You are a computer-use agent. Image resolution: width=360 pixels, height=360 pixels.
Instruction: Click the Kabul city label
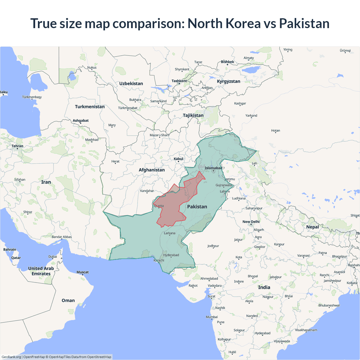tap(178, 159)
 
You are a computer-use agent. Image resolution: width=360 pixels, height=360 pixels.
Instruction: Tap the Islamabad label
tap(213, 168)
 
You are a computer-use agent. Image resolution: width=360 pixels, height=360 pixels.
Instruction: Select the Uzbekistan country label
tap(131, 84)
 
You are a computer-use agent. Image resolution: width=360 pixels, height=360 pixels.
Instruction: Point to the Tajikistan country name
tap(193, 115)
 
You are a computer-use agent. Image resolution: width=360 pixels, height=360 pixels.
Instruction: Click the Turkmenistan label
tap(90, 107)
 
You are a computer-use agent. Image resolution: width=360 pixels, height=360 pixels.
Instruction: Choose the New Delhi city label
tap(251, 222)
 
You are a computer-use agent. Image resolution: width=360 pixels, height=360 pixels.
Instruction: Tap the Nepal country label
tap(312, 227)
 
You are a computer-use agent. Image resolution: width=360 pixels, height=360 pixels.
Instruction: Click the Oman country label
tap(68, 300)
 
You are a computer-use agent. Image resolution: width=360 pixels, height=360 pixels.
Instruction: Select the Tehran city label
tap(17, 146)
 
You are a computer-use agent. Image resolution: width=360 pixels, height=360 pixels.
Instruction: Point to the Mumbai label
tap(212, 317)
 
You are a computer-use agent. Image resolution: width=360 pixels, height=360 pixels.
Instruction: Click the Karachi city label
tap(159, 260)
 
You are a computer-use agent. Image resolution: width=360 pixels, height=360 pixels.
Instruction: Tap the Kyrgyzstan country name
tap(228, 81)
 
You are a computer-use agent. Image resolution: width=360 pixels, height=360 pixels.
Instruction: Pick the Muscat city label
tap(82, 272)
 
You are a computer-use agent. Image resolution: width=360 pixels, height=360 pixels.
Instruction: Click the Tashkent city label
tap(179, 81)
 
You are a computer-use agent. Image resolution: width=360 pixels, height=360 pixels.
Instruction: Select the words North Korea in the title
tap(224, 23)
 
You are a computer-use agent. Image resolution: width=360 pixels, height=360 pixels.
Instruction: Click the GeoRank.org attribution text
tap(11, 357)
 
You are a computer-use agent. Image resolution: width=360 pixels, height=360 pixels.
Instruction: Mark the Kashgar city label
tap(240, 103)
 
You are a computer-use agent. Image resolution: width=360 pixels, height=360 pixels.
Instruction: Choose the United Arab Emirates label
tap(41, 271)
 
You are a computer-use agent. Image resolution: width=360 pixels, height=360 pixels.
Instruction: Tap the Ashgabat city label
tap(81, 121)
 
